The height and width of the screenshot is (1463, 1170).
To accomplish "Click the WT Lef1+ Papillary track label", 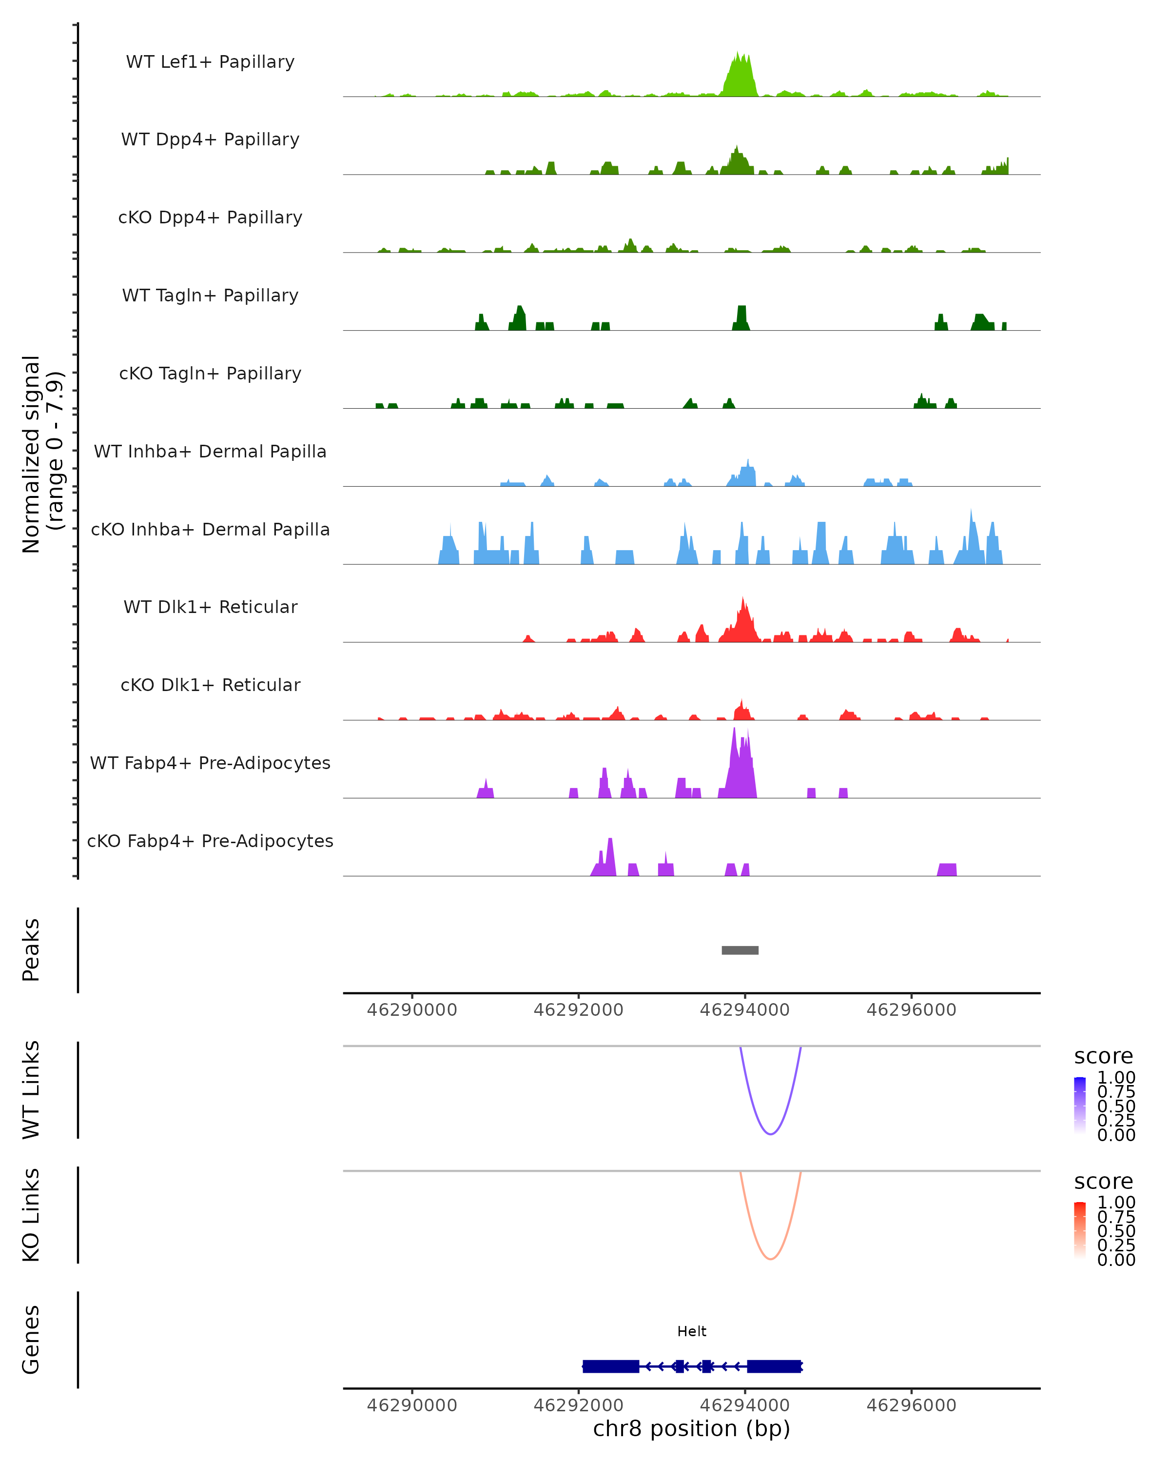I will [210, 62].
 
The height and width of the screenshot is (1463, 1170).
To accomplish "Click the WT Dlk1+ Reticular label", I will [210, 607].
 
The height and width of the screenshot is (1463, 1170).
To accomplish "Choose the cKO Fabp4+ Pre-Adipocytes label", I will [210, 841].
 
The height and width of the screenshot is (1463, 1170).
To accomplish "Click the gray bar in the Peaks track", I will [740, 950].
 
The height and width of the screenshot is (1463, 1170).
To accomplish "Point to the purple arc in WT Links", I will [771, 1133].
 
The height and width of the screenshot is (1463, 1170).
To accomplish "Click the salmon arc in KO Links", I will [771, 1259].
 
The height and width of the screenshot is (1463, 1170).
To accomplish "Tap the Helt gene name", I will [692, 1331].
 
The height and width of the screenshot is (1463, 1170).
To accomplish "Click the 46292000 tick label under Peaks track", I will [579, 1010].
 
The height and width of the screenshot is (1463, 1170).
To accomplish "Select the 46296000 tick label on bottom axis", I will [911, 1405].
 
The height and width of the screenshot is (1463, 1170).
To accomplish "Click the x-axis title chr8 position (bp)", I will [692, 1429].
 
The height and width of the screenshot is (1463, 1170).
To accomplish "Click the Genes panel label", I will [31, 1340].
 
